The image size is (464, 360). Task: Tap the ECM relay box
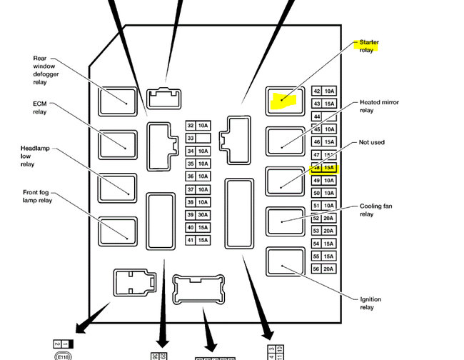coord(118,144)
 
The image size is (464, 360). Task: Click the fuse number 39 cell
coord(191,215)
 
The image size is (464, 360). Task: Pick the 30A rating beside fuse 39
coord(203,215)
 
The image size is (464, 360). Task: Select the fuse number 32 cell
coord(191,125)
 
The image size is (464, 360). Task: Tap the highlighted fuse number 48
coord(316,169)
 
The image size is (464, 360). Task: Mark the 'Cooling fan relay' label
coord(375,210)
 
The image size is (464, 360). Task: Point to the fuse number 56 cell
coord(316,269)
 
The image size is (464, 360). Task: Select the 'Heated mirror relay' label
coord(379,106)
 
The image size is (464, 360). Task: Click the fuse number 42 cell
coord(316,91)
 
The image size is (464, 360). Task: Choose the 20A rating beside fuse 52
coord(329,218)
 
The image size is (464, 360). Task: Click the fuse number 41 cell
coord(191,240)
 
